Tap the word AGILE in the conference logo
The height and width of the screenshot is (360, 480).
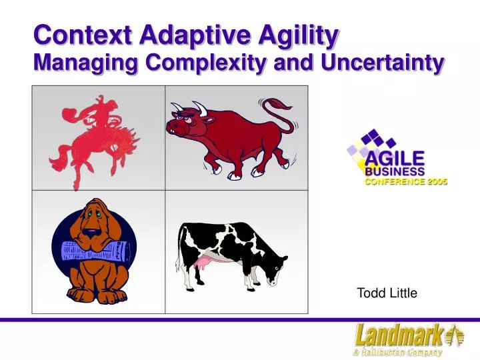(x=394, y=158)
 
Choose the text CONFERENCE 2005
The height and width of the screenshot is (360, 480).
(x=405, y=181)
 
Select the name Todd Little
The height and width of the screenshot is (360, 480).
(x=387, y=293)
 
